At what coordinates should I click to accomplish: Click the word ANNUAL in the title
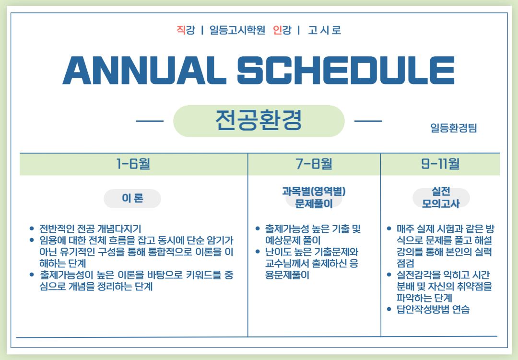tap(144, 70)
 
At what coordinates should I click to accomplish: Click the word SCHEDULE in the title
tap(346, 70)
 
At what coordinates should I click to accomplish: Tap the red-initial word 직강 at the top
tap(186, 30)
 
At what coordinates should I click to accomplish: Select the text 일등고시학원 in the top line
tap(237, 30)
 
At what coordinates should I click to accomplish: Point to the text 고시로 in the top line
tap(324, 30)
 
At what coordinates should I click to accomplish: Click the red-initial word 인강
tap(282, 30)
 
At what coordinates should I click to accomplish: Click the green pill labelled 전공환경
tap(259, 121)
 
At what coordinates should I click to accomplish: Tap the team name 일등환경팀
tap(454, 128)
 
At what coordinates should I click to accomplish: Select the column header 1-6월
tap(133, 164)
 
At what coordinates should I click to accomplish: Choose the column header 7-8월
tap(314, 164)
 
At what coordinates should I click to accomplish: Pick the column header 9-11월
tap(440, 164)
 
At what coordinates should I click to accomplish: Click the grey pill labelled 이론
tap(132, 198)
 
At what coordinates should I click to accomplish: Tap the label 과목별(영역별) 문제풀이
tap(314, 197)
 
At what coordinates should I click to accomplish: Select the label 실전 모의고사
tap(441, 197)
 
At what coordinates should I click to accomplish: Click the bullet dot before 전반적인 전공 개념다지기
tap(32, 228)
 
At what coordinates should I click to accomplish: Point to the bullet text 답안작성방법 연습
tap(433, 310)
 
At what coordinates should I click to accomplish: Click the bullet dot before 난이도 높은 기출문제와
tap(258, 252)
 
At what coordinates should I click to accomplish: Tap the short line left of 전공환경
tap(150, 121)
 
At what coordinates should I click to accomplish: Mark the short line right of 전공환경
tap(368, 121)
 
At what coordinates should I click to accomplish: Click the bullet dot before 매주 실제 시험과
tap(389, 228)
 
